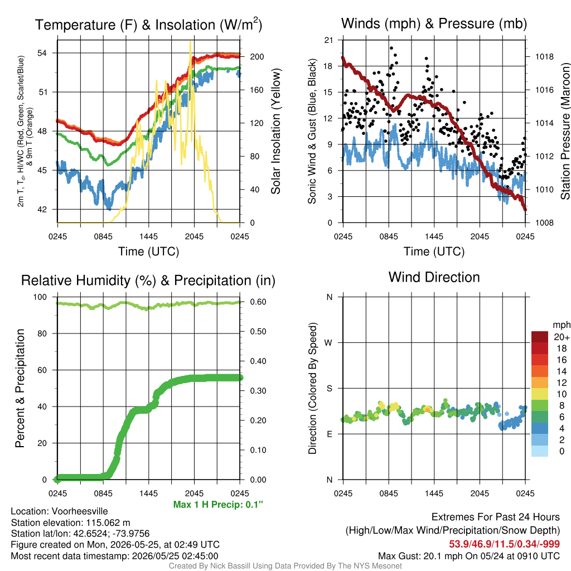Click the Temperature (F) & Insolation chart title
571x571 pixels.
tap(148, 25)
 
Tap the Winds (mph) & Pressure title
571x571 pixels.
tap(434, 23)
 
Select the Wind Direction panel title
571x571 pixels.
tap(434, 277)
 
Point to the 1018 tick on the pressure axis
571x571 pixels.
tap(544, 56)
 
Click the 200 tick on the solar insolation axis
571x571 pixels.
tap(257, 56)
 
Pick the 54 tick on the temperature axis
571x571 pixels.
tap(42, 53)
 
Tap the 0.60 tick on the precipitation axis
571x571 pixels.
tap(258, 302)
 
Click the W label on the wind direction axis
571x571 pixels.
tap(328, 343)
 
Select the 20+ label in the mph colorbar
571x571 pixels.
tap(561, 337)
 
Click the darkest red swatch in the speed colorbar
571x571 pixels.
tap(540, 337)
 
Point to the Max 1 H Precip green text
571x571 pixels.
tap(218, 504)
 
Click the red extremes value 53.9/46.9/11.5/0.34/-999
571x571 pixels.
tap(504, 544)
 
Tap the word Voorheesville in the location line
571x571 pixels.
tap(80, 511)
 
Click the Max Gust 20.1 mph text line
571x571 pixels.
tap(468, 556)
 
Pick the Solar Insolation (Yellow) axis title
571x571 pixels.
tap(275, 131)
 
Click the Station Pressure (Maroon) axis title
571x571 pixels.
tap(565, 131)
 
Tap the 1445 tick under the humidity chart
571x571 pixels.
tap(148, 493)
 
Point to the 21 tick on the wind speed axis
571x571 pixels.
tap(328, 40)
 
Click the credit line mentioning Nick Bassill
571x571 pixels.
tap(285, 566)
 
